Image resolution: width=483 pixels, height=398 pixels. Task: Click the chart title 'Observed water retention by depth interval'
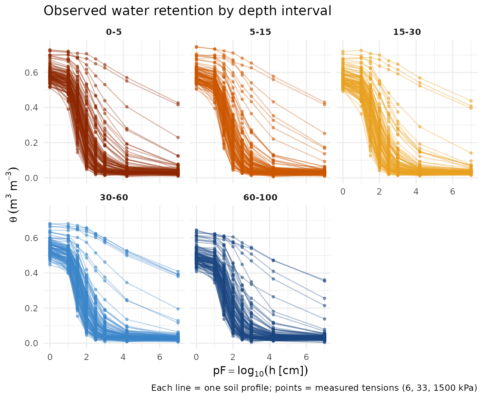coord(187,11)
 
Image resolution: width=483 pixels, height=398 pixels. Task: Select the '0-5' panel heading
coord(114,32)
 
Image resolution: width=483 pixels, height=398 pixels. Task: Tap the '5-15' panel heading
coord(260,32)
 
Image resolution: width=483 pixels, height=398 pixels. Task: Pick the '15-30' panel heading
coord(407,32)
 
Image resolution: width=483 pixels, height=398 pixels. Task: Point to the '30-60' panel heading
coord(114,198)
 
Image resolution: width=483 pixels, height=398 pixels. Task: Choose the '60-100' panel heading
coord(260,198)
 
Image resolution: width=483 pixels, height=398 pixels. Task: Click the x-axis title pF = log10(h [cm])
coord(260,371)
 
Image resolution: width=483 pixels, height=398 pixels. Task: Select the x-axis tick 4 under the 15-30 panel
coord(416,191)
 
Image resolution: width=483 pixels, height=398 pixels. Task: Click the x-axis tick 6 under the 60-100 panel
coord(306,357)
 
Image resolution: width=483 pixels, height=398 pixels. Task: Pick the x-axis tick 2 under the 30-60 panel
coord(86,357)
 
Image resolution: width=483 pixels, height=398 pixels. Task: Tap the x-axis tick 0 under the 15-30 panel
coord(343,191)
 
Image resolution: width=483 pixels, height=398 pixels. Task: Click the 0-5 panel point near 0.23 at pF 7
coord(178,138)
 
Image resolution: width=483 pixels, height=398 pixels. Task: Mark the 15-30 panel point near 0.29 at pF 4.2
coord(420,127)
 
